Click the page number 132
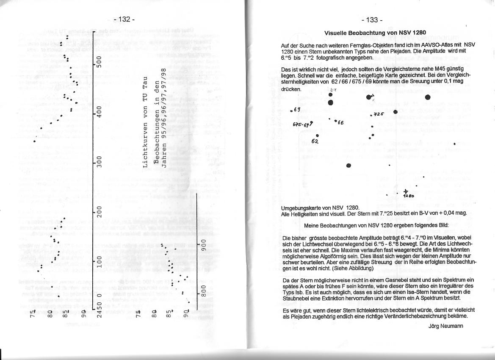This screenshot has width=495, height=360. (124, 19)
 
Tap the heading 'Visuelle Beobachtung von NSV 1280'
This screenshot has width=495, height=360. (375, 33)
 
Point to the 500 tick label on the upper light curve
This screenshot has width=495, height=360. (99, 61)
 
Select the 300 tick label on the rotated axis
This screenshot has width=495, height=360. (99, 161)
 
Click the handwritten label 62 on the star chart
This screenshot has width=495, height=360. (315, 141)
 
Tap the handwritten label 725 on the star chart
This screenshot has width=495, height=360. (378, 114)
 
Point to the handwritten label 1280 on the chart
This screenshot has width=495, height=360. (408, 196)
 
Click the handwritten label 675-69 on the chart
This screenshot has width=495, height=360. (301, 125)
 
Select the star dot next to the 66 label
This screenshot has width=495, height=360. (335, 121)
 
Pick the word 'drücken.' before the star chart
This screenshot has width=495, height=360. (291, 89)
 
